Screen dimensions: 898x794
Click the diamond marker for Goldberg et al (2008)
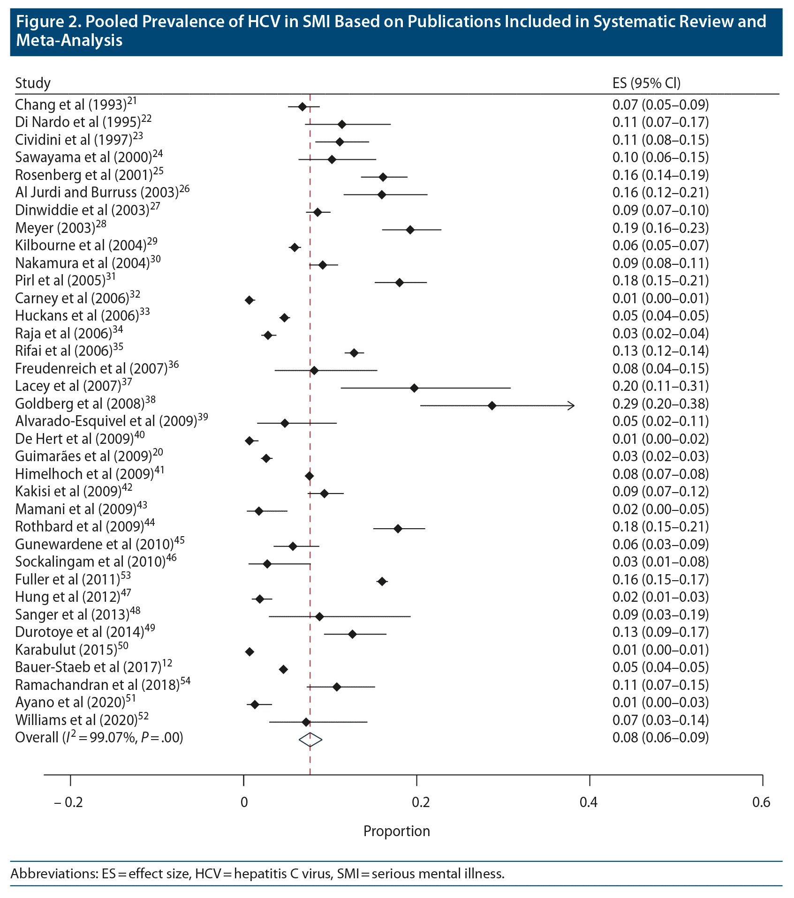(492, 405)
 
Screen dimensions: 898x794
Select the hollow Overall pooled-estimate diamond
(310, 740)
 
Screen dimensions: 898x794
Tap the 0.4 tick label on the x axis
(589, 802)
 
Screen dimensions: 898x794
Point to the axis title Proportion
(396, 831)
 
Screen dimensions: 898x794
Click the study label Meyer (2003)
(60, 228)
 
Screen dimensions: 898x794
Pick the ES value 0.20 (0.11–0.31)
(660, 386)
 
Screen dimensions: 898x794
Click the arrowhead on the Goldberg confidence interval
(571, 405)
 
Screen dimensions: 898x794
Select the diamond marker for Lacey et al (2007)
(414, 388)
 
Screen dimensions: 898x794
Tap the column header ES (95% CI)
(646, 83)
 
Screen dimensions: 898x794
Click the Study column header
(33, 83)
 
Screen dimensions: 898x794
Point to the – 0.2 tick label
(68, 802)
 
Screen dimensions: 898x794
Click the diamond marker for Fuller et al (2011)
(382, 581)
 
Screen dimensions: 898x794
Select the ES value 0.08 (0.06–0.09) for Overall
(660, 738)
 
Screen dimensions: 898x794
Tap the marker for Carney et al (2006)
(250, 300)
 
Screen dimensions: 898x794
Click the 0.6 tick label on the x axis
(761, 802)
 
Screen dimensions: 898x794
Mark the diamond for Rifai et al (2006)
(354, 353)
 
